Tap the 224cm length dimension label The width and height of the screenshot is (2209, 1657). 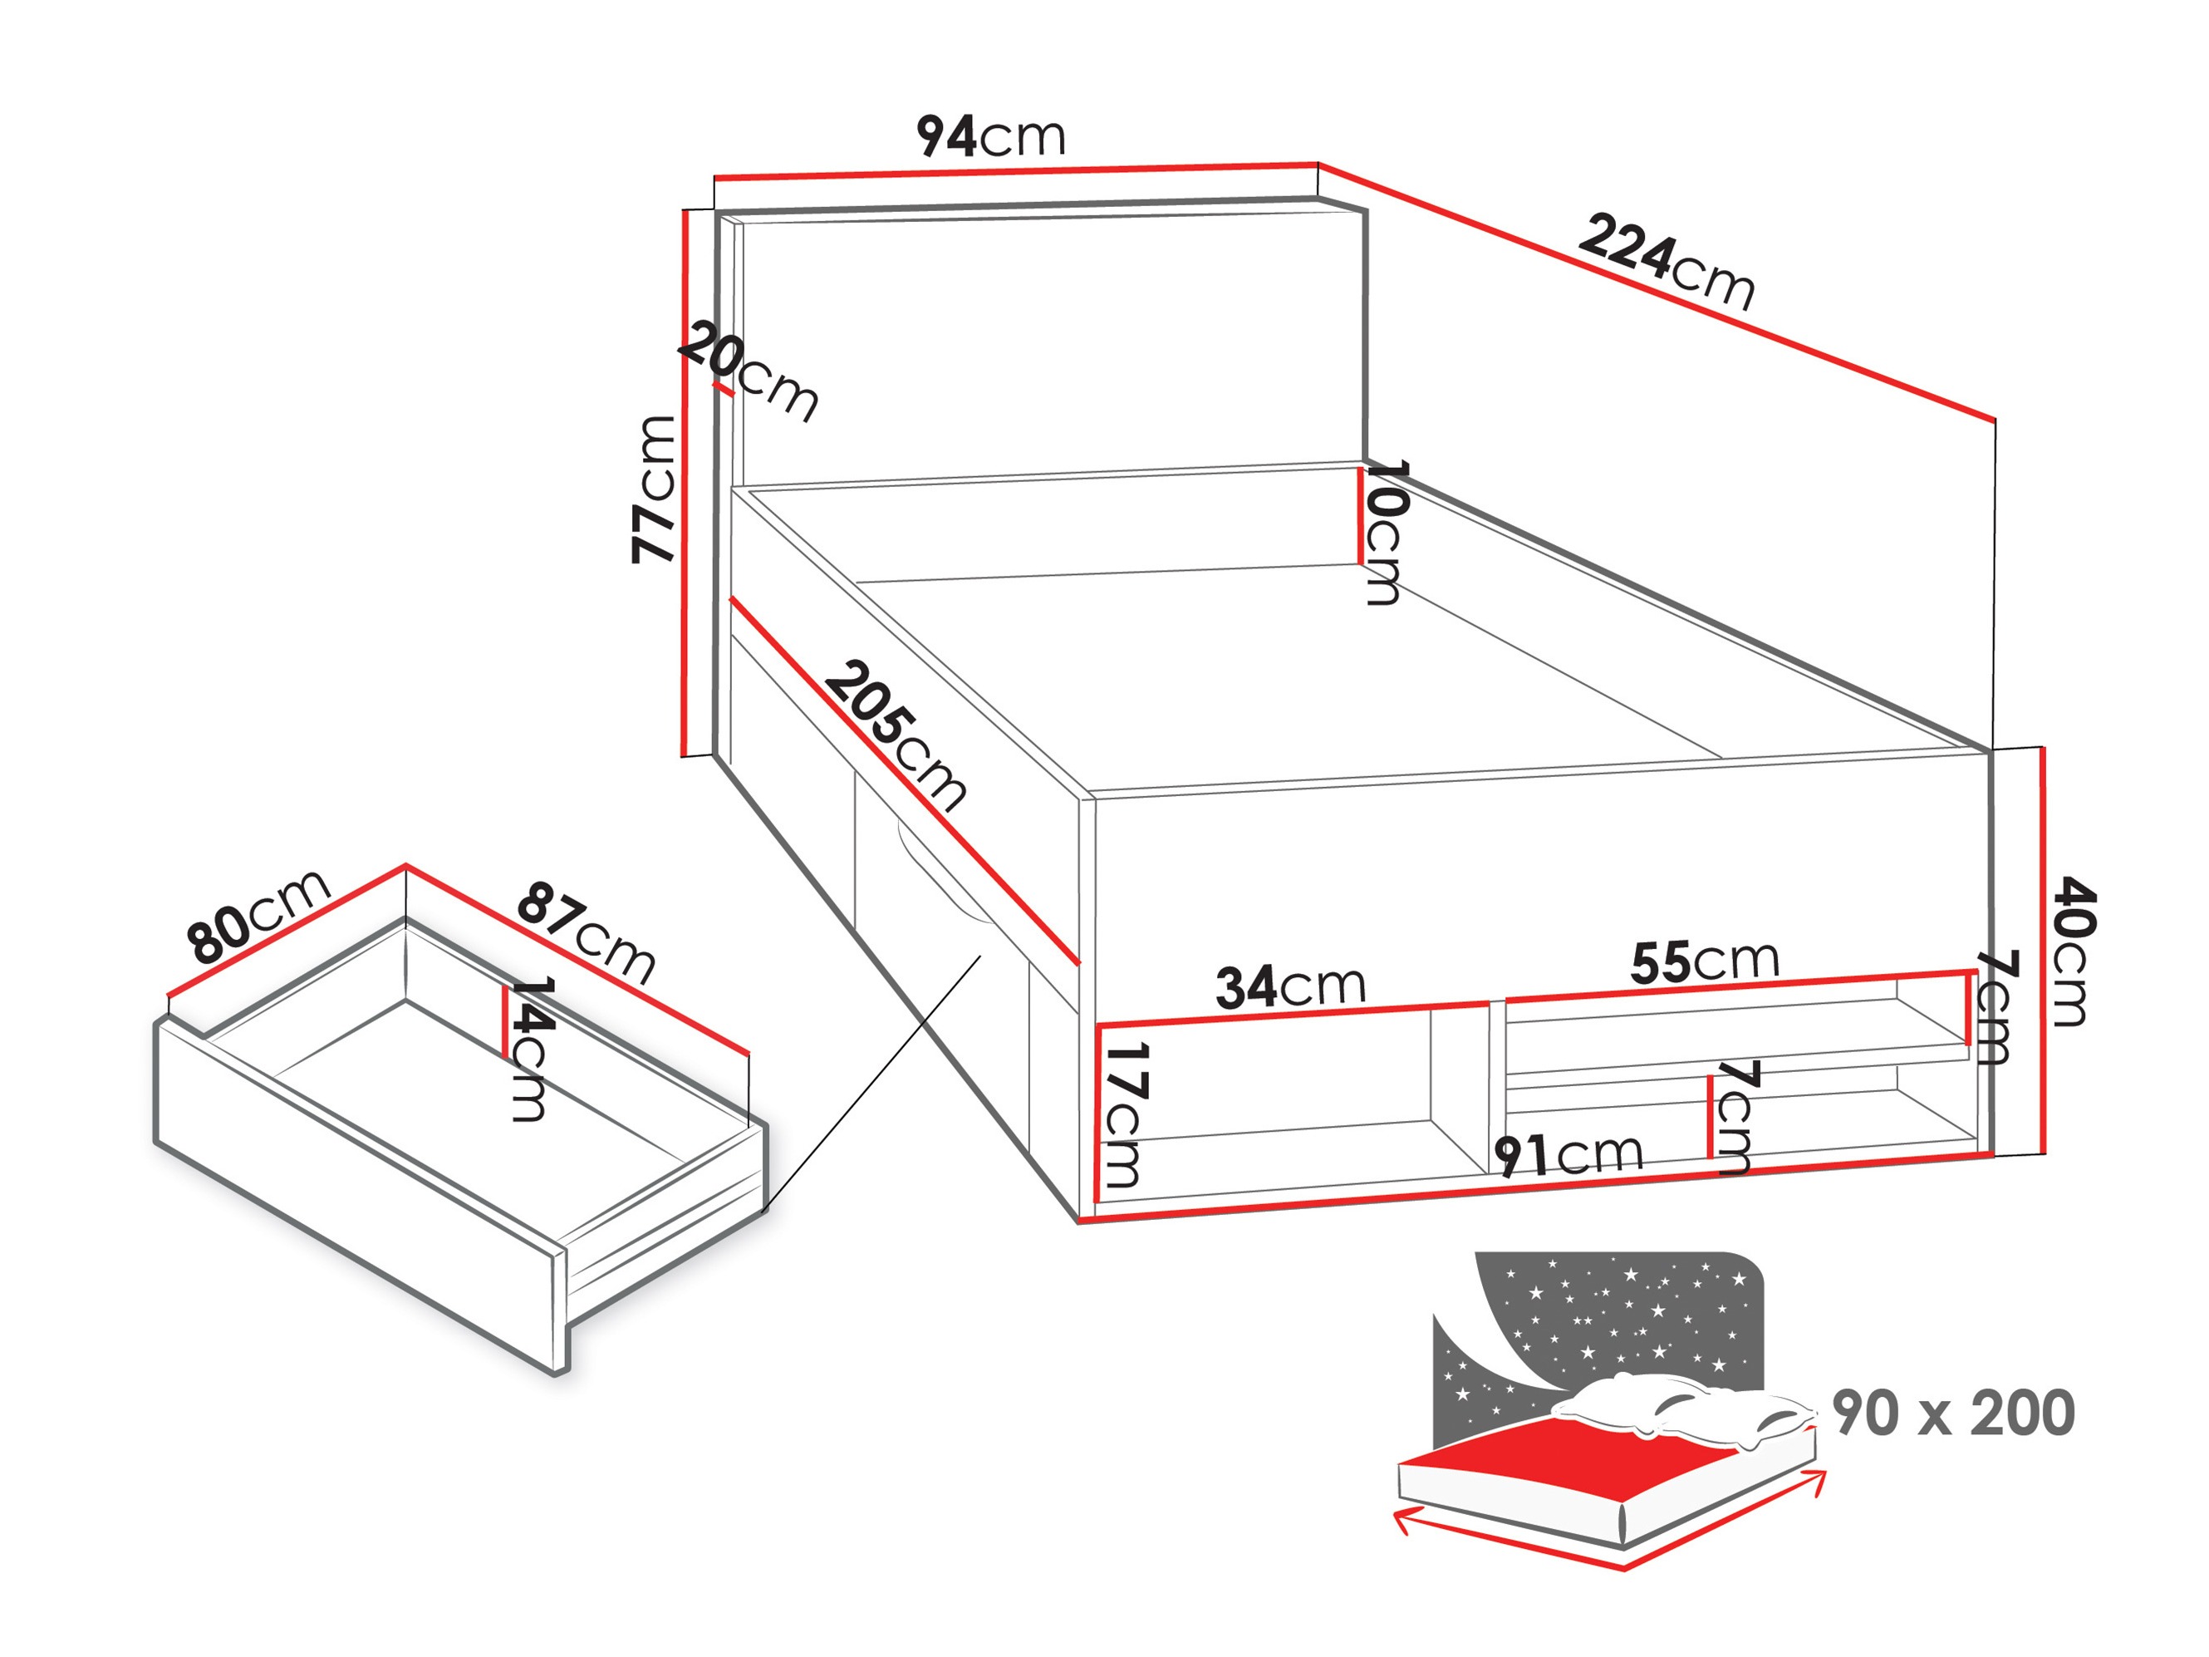1666,262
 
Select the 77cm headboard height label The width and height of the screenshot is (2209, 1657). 654,489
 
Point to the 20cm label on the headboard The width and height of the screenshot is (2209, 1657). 749,372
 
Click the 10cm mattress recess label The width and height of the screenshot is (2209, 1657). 1385,533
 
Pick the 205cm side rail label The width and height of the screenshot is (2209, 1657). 895,733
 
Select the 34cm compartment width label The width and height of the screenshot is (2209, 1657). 1290,986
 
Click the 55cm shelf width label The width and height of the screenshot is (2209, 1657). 1705,961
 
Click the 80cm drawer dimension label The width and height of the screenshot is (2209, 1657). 258,915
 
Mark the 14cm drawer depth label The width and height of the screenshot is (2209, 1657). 529,1049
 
